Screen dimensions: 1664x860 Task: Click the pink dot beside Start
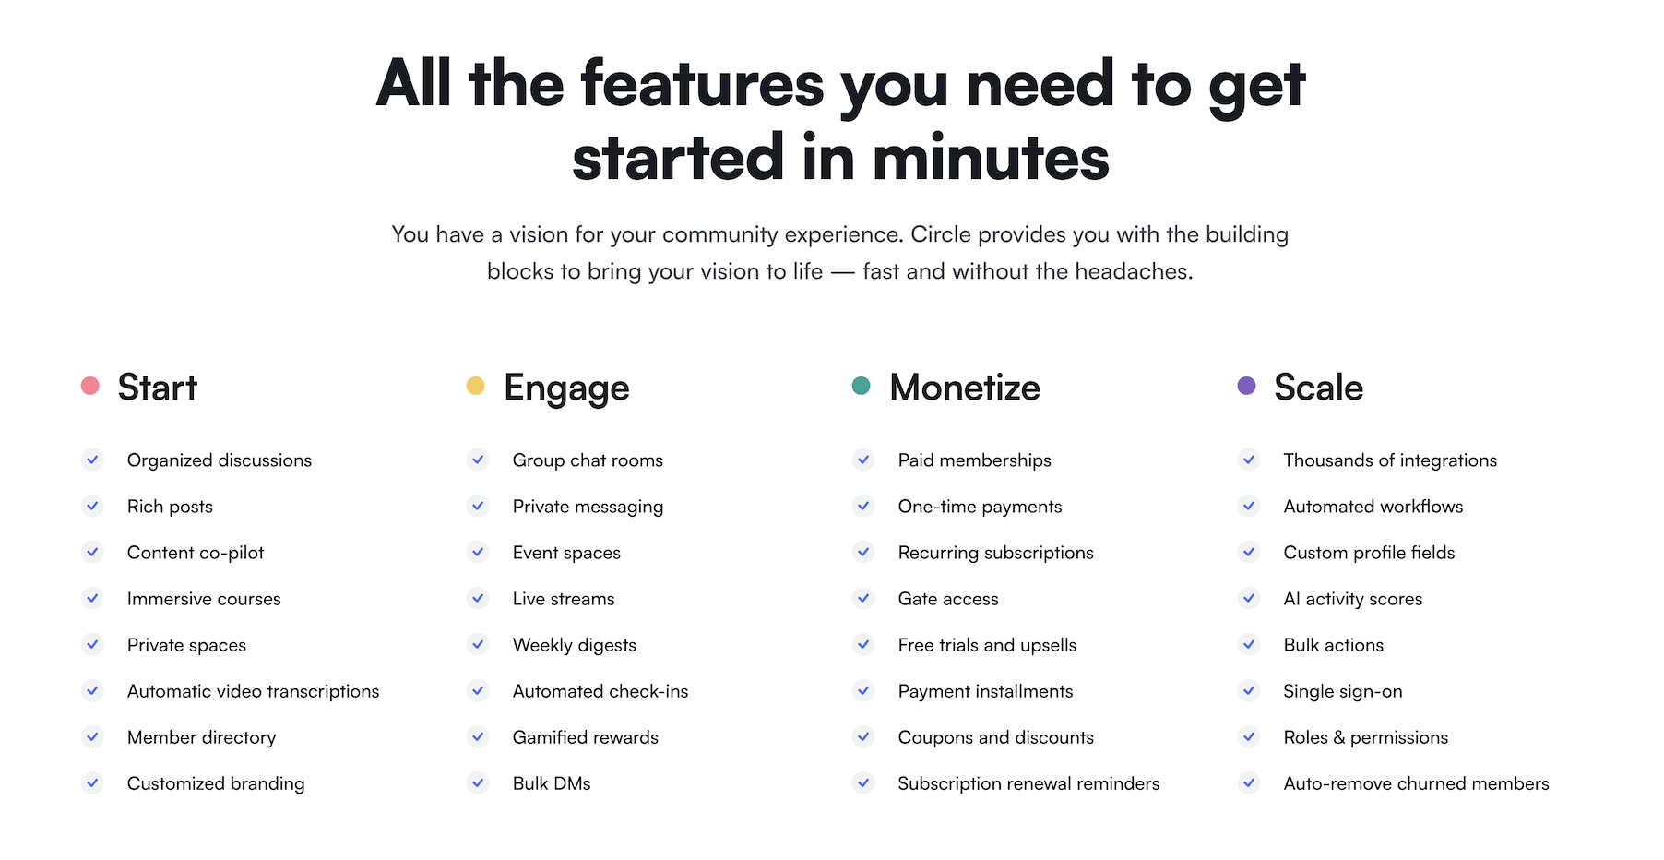point(90,386)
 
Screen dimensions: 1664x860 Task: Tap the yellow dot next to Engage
point(476,386)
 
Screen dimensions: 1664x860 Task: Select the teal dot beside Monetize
point(862,386)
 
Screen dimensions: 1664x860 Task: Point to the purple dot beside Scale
point(1247,386)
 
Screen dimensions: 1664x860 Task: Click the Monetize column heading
point(965,388)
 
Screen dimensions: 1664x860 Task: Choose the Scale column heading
point(1319,388)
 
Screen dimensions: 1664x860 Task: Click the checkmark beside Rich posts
point(92,506)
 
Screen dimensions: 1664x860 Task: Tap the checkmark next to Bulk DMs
point(478,782)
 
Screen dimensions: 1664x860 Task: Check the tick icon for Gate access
point(863,598)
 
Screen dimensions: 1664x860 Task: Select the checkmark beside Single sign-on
point(1249,690)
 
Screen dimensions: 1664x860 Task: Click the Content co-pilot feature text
point(196,553)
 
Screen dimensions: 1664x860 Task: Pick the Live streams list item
point(564,599)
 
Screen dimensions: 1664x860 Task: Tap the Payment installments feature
point(986,691)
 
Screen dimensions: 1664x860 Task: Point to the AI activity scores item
point(1353,599)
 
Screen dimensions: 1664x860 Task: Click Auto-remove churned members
point(1417,783)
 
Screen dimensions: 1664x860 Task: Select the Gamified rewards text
point(586,737)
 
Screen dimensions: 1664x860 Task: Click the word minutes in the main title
point(991,158)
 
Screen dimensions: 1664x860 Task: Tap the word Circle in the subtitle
point(941,234)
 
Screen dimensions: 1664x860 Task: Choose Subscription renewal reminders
point(1029,783)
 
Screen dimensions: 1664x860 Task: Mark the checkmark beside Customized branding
point(92,782)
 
